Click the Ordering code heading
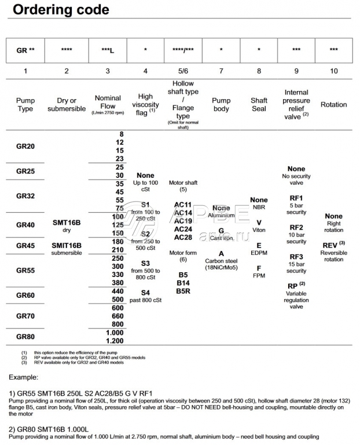click(61, 10)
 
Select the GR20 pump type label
click(25, 146)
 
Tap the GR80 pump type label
click(25, 336)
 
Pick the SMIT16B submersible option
click(67, 245)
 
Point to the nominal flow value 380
click(116, 282)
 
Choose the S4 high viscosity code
click(145, 293)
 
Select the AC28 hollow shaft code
click(183, 237)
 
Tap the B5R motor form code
click(183, 290)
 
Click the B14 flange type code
click(183, 282)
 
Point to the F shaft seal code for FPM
click(259, 268)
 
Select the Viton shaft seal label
click(259, 229)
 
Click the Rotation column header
click(333, 105)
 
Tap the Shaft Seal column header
click(259, 105)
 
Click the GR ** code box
click(25, 50)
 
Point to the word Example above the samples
click(24, 377)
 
